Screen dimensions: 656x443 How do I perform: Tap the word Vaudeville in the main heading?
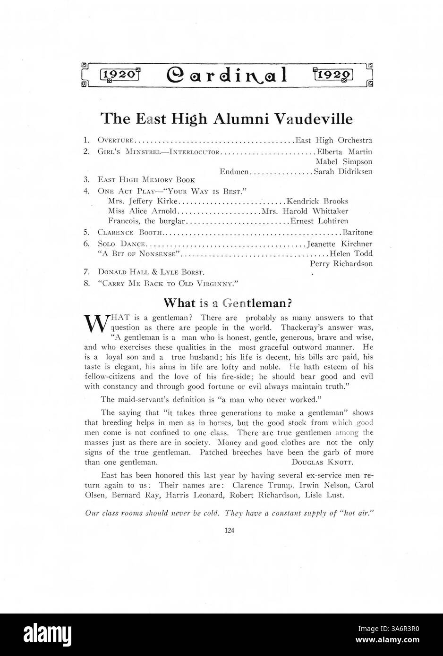[314, 118]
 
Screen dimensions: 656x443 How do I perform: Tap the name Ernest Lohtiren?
[319, 221]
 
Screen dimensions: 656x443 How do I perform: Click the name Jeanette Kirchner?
[340, 244]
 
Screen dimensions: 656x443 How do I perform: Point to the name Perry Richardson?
[341, 264]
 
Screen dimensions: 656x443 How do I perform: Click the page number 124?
[229, 530]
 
